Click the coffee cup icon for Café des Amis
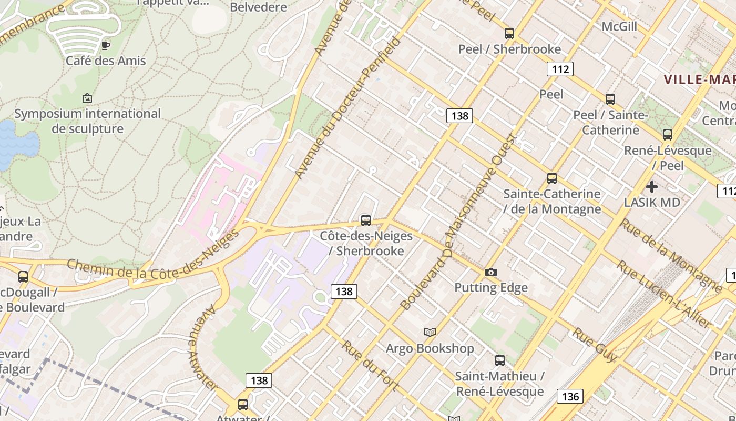click(x=105, y=45)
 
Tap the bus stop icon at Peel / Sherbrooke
click(x=509, y=34)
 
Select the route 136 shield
click(x=570, y=396)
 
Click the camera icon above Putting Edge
click(x=490, y=272)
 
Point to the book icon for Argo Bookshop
click(x=430, y=332)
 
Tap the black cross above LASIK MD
click(x=652, y=187)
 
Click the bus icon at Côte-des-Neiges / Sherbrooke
click(x=365, y=220)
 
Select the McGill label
click(x=619, y=26)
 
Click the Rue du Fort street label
click(x=370, y=365)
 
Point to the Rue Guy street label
click(x=595, y=345)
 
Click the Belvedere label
click(x=259, y=7)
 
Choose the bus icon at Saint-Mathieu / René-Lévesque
click(x=499, y=360)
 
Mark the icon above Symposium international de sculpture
click(x=87, y=98)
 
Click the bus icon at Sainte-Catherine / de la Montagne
click(x=551, y=178)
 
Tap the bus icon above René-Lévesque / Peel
click(x=667, y=135)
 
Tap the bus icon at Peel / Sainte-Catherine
click(x=610, y=99)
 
